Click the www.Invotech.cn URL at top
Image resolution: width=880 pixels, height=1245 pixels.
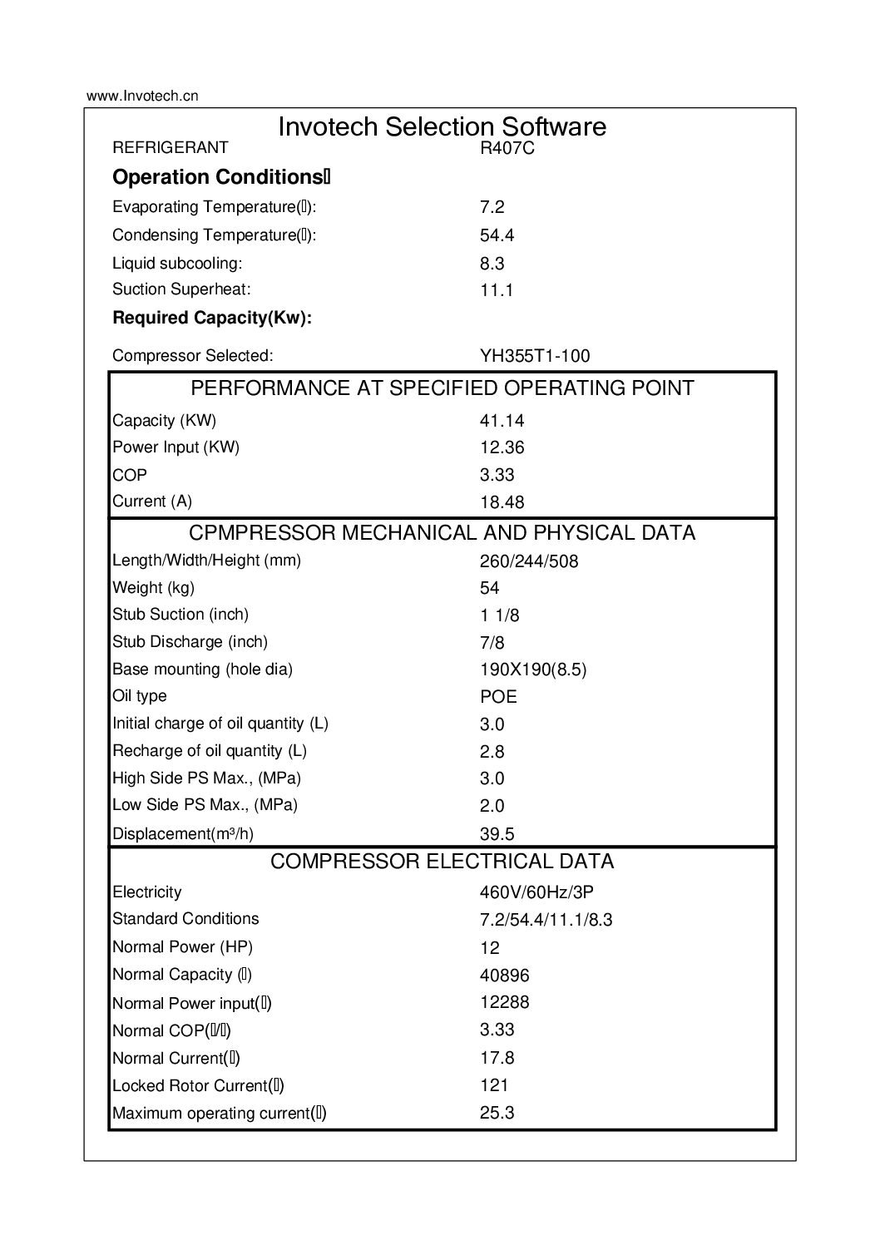pos(142,96)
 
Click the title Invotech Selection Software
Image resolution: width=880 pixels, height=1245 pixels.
pos(442,126)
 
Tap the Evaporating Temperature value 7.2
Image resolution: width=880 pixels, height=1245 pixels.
pos(492,207)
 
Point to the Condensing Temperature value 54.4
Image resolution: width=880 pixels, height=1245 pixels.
pos(497,235)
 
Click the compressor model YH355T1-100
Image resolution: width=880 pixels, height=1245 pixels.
pos(534,356)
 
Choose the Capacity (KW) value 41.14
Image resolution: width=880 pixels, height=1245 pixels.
pos(502,421)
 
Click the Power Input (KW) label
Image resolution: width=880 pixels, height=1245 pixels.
pos(176,447)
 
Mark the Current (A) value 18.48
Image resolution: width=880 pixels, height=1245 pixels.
pos(502,502)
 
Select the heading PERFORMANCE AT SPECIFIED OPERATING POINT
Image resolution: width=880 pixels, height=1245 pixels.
pos(442,388)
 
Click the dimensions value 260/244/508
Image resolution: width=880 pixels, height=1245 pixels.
pos(528,561)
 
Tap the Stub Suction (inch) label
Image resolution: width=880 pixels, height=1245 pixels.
pos(180,615)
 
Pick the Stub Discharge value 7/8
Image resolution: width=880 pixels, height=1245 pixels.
pos(492,643)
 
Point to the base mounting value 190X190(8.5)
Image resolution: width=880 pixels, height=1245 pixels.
pos(532,669)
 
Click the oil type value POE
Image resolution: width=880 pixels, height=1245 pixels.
pos(498,697)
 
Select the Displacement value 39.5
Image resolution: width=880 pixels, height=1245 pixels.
pos(497,834)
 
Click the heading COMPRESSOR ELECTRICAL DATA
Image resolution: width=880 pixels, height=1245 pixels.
pos(442,862)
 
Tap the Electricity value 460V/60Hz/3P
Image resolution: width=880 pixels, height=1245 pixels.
pos(536,893)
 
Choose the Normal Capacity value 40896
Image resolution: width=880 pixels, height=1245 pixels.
pos(504,976)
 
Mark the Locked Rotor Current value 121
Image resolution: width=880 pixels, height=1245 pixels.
pos(493,1085)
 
